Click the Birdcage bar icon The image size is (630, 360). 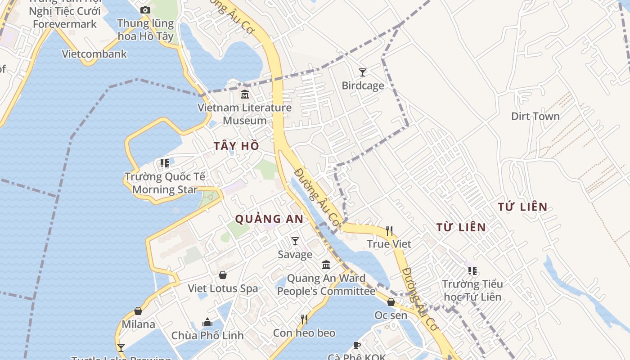click(x=362, y=72)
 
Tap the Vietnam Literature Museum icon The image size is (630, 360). click(x=245, y=94)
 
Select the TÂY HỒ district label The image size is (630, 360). click(x=237, y=146)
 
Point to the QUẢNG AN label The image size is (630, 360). click(x=269, y=219)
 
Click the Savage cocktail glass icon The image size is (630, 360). click(x=295, y=241)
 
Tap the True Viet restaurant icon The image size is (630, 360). click(x=389, y=231)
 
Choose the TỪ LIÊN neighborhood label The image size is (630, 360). click(x=461, y=227)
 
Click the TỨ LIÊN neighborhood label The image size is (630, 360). click(x=522, y=207)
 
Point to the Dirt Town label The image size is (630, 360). click(x=535, y=116)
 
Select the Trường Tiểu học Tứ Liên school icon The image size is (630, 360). click(x=472, y=271)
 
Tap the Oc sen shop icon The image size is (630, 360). click(x=391, y=302)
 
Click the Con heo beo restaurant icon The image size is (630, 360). click(x=304, y=319)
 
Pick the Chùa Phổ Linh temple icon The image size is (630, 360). click(x=207, y=322)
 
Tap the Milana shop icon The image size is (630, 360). click(x=138, y=311)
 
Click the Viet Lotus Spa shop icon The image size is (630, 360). click(x=223, y=275)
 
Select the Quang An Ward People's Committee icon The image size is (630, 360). click(x=326, y=265)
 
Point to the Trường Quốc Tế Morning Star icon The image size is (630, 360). click(x=165, y=163)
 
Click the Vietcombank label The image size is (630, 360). click(x=94, y=54)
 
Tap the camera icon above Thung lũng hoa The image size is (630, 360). click(x=145, y=10)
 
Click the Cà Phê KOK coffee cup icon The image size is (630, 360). click(x=357, y=345)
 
